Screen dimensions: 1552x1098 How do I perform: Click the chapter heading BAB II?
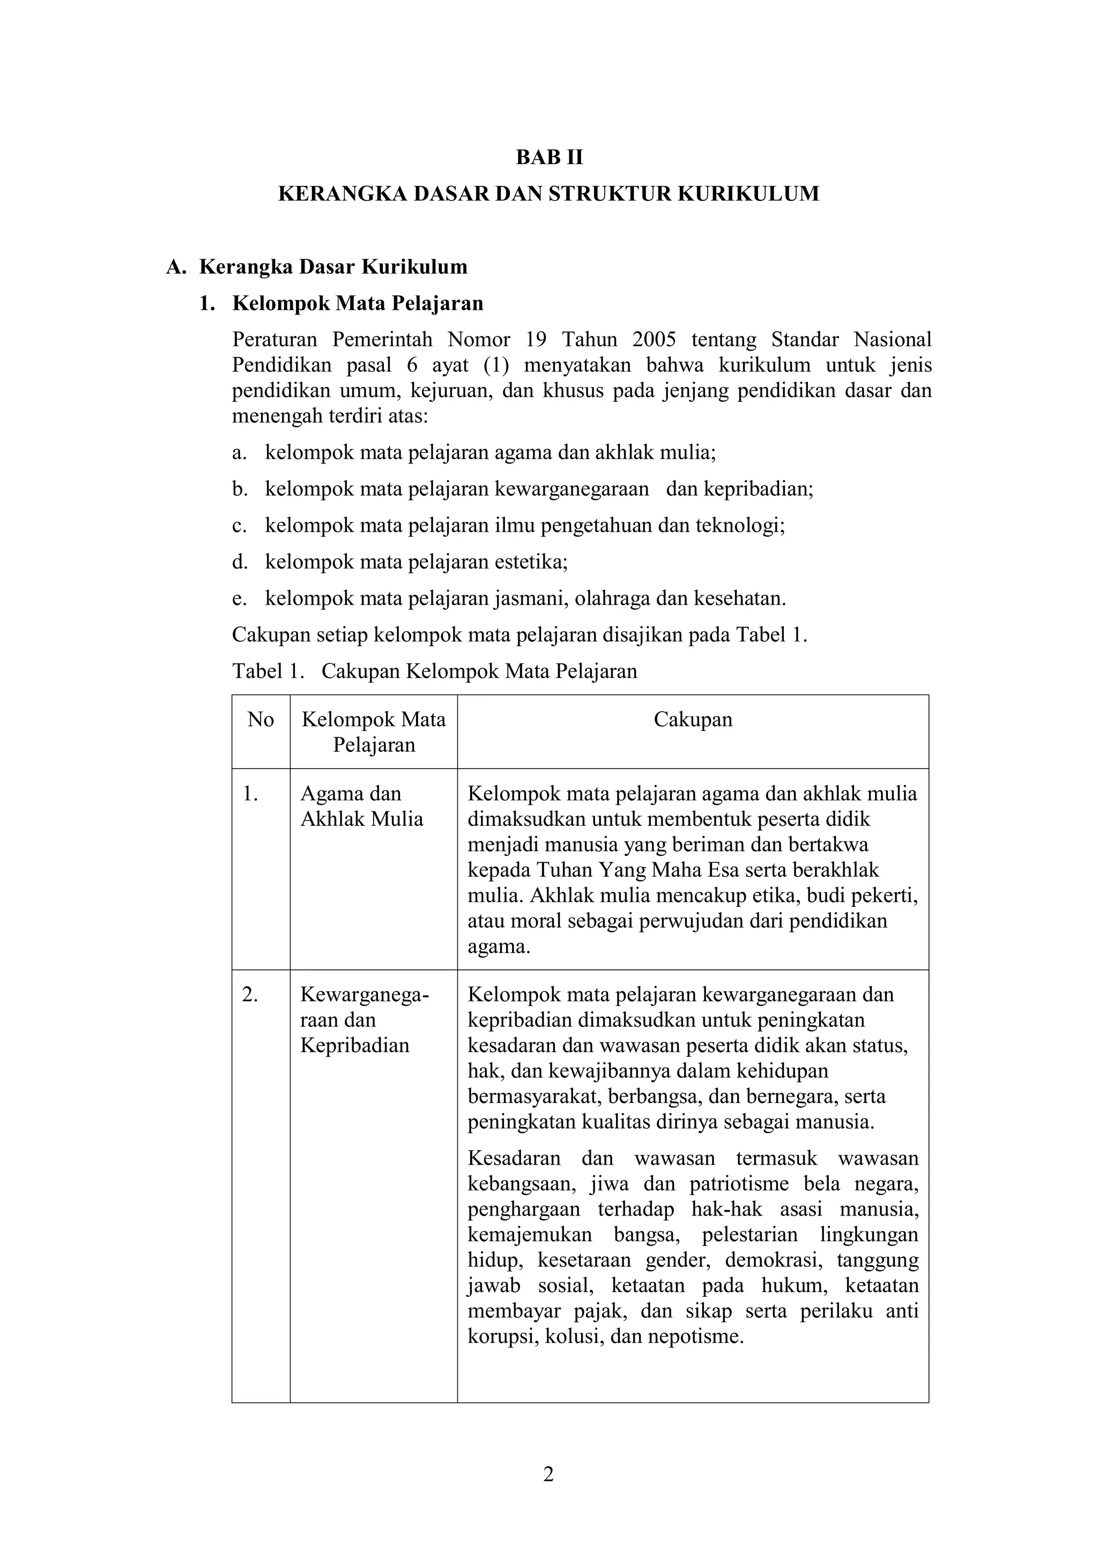tap(549, 158)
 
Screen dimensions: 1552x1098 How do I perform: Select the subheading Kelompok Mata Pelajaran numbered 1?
tap(358, 303)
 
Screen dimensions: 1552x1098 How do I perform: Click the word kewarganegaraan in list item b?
tap(572, 489)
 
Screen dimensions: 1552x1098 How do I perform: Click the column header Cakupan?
tap(693, 719)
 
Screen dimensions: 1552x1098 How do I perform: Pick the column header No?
tap(261, 719)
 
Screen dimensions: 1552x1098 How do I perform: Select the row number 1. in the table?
tap(251, 794)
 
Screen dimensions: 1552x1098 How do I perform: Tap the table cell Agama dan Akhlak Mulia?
tap(362, 807)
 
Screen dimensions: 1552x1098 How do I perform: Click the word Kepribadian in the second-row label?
tap(355, 1046)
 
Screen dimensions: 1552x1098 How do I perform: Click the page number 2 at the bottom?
tap(548, 1474)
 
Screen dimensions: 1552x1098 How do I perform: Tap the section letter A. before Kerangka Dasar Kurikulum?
tap(175, 267)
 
